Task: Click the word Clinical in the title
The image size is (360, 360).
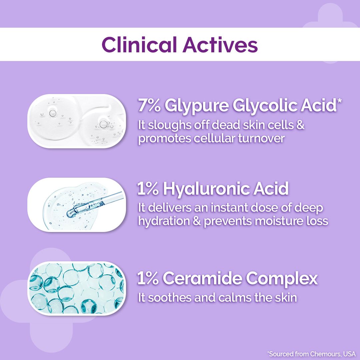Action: [139, 45]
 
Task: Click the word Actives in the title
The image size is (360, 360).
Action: [220, 45]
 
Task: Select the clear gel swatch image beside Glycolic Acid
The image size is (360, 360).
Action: [77, 121]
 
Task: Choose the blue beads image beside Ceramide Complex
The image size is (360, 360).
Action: [77, 288]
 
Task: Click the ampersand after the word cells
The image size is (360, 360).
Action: [300, 126]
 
